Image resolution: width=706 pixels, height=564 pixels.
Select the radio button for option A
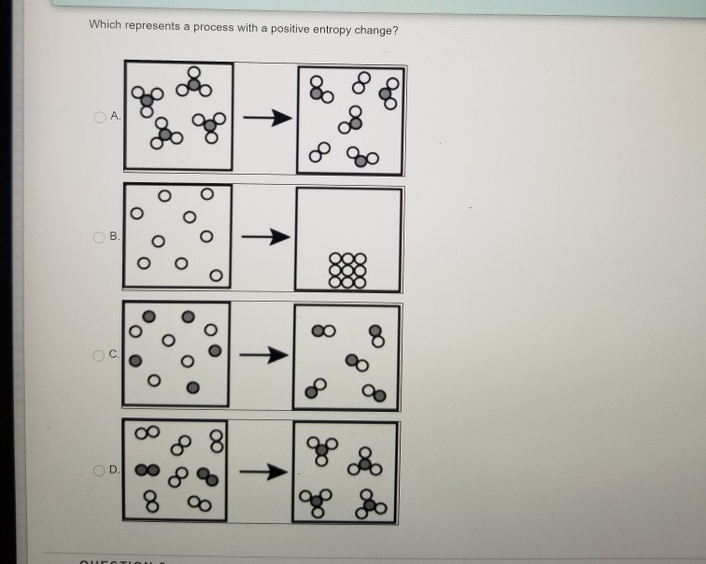(99, 117)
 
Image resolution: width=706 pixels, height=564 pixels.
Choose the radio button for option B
(99, 236)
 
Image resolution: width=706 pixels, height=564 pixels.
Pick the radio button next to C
(99, 354)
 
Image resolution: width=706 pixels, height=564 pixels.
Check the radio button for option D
(99, 470)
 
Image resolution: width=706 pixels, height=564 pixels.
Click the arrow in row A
(264, 119)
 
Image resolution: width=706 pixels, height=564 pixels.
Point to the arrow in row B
(264, 238)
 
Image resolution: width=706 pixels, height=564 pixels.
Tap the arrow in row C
(264, 355)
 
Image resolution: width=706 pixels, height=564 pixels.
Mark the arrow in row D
(264, 472)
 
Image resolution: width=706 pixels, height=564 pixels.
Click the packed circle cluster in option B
(349, 269)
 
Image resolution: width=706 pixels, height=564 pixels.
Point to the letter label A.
(113, 117)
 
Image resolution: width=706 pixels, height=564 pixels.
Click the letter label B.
(113, 236)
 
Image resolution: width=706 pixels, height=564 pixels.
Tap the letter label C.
(113, 354)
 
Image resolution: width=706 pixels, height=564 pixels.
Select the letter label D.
(113, 470)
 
